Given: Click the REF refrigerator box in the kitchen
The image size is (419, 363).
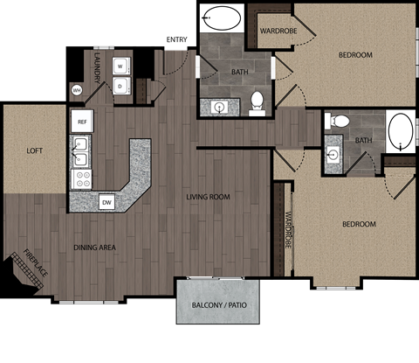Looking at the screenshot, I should [x=82, y=121].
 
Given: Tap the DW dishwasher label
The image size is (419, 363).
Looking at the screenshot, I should [x=106, y=202].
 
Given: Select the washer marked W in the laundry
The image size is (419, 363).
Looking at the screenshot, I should [x=120, y=66].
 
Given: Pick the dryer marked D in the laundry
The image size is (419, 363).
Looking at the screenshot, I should [x=120, y=86].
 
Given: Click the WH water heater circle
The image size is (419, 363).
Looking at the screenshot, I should [x=77, y=89].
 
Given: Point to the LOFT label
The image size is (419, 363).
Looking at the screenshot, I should [x=34, y=150].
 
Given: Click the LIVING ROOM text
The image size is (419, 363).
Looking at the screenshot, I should [x=208, y=197].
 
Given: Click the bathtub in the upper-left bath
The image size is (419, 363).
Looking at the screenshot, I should [x=223, y=18].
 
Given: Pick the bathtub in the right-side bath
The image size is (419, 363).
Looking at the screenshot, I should [x=402, y=131].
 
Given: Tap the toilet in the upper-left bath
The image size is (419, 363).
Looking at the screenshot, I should [x=258, y=102].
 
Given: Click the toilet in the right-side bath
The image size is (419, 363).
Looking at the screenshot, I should [x=340, y=120].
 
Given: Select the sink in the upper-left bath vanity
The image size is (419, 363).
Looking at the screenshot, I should [x=220, y=107].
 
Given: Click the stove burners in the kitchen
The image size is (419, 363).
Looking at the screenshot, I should [x=82, y=179].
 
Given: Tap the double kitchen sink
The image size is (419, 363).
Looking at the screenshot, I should [x=81, y=150].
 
